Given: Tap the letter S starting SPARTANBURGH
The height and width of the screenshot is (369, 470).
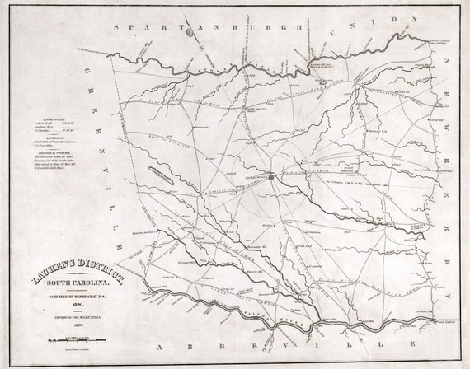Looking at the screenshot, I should (121, 27).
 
